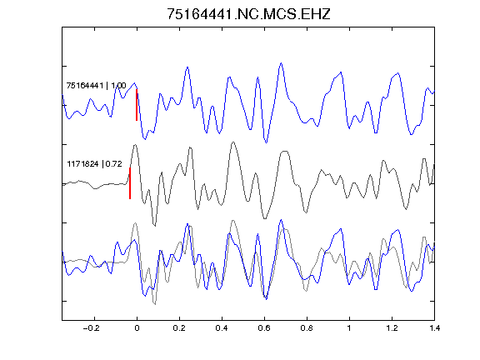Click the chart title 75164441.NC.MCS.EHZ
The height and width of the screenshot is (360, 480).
248,14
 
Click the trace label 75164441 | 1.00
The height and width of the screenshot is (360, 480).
96,85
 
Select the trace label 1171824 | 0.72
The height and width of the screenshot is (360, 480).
95,164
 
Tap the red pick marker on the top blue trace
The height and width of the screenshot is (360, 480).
137,105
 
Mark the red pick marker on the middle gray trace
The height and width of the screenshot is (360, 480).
130,183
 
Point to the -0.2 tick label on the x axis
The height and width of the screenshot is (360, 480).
92,328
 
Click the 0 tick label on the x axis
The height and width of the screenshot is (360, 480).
137,328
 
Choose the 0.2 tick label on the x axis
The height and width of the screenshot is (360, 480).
179,328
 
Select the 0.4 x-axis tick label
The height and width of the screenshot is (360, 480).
222,328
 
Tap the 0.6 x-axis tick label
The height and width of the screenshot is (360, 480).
264,328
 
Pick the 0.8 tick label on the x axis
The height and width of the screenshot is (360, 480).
307,328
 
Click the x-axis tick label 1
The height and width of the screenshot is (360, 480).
349,328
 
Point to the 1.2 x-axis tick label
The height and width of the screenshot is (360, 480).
392,328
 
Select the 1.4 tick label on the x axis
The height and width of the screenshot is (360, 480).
434,328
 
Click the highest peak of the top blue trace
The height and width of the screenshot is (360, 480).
281,63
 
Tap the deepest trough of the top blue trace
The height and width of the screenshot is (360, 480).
266,142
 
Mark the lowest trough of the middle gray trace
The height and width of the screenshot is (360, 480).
155,226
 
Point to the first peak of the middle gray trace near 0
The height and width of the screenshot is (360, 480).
135,145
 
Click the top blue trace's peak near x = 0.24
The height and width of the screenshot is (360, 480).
187,67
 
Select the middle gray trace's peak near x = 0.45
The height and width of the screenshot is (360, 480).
233,142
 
